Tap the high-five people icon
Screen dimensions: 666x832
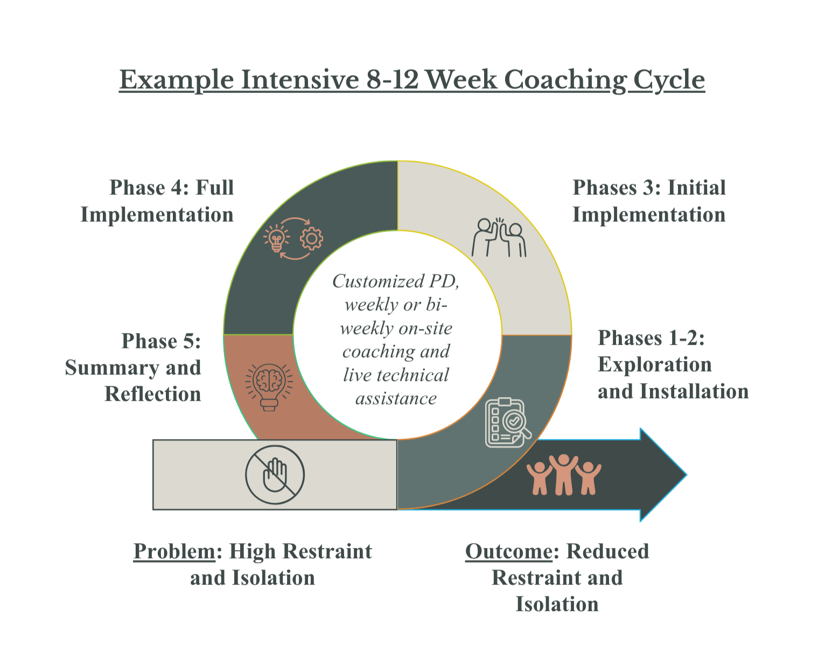point(499,237)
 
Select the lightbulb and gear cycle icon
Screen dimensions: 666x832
point(293,238)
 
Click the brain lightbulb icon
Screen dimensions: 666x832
point(269,386)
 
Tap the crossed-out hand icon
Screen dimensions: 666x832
point(275,475)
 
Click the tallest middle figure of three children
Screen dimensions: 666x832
point(563,474)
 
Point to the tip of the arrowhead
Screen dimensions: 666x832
point(685,475)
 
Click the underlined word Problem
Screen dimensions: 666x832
point(174,551)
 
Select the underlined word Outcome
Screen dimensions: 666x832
point(508,551)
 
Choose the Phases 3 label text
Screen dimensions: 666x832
point(649,201)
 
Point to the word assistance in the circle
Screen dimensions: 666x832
point(396,398)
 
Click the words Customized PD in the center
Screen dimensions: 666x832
point(396,281)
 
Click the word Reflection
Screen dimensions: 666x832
point(153,394)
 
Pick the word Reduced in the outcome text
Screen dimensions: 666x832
point(607,551)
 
